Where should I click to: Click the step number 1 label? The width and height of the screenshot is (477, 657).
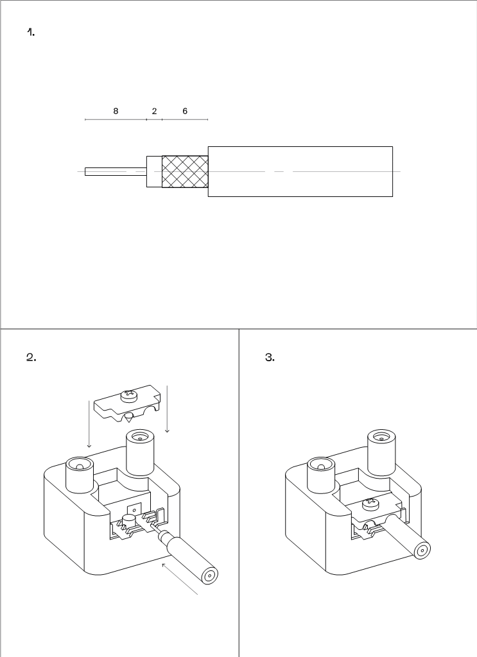click(x=31, y=32)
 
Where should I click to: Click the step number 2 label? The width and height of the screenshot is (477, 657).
click(x=31, y=357)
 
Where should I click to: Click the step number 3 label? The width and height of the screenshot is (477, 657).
click(x=270, y=357)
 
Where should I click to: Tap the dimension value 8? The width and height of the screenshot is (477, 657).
click(x=116, y=111)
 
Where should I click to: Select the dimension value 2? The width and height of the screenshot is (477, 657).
click(x=154, y=111)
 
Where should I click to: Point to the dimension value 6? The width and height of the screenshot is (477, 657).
click(x=185, y=111)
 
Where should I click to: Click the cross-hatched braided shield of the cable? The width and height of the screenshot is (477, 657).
click(x=185, y=171)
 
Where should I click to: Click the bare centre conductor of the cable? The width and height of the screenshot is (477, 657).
click(x=116, y=171)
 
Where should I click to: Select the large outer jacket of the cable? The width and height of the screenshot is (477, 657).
click(x=300, y=171)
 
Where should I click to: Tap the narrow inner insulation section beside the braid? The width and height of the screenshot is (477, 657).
click(x=154, y=171)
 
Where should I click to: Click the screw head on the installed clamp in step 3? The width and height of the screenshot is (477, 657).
click(x=371, y=503)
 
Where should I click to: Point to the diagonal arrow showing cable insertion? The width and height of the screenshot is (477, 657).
click(x=179, y=579)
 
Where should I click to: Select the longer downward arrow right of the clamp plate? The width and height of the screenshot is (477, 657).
click(x=168, y=409)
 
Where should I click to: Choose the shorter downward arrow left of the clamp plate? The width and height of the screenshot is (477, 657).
click(x=89, y=424)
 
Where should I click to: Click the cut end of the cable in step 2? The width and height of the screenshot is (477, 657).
click(x=210, y=576)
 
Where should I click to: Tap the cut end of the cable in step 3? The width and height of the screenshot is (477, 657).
click(x=422, y=550)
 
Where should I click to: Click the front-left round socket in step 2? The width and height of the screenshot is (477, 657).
click(x=80, y=475)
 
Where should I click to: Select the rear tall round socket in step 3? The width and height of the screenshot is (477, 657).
click(x=381, y=452)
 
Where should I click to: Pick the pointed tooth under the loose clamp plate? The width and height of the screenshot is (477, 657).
click(x=128, y=417)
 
